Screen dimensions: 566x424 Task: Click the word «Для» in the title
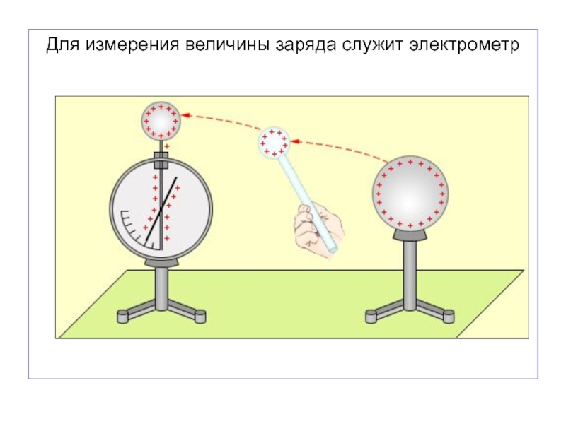pyautogui.click(x=64, y=46)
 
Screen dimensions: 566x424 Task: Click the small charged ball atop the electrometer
pyautogui.click(x=161, y=121)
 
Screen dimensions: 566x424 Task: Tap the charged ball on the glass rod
pyautogui.click(x=274, y=143)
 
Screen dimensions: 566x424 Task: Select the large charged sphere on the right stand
pyautogui.click(x=410, y=192)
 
